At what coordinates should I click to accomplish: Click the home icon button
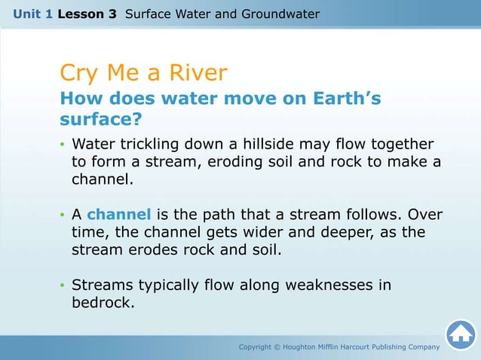(x=460, y=334)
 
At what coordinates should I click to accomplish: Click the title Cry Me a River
(x=143, y=73)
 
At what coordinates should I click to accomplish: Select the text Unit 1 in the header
(x=32, y=14)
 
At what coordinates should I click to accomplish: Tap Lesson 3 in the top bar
(x=87, y=14)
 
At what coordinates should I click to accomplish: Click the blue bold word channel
(x=119, y=215)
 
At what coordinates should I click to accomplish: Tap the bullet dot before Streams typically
(x=63, y=286)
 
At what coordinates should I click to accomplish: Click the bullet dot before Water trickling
(x=63, y=145)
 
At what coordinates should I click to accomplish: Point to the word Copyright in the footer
(x=257, y=347)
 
